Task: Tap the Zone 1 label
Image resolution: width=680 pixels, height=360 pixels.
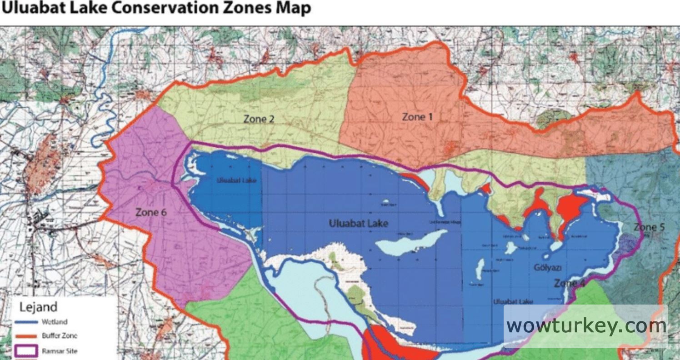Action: pos(417,117)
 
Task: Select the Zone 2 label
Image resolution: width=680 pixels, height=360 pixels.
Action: pos(259,119)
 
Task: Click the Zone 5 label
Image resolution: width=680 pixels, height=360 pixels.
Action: pos(652,227)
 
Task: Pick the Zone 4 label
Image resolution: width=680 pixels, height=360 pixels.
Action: pos(570,283)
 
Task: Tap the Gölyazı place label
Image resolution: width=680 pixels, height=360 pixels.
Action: pos(548,268)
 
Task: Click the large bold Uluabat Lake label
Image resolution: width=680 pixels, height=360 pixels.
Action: pos(358,224)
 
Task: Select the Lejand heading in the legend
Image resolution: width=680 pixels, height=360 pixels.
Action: pos(38,307)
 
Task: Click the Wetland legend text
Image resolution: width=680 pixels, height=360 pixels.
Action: pos(55,322)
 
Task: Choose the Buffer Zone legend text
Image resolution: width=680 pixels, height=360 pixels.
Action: pos(59,336)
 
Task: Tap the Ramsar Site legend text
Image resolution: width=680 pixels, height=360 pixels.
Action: pos(60,351)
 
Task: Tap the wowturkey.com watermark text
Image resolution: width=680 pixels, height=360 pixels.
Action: pos(586,325)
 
